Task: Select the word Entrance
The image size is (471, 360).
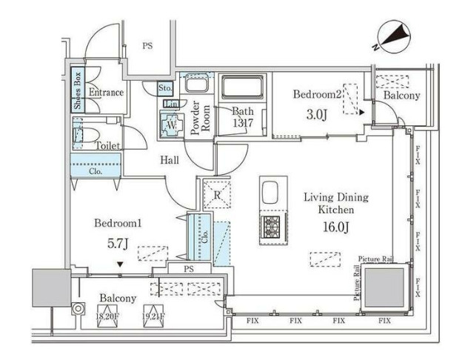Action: point(106,93)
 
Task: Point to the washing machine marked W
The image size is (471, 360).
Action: point(171,125)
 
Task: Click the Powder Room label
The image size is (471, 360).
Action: point(197,116)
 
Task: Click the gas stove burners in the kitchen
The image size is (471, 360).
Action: point(270,225)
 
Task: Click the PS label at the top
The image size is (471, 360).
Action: point(147,46)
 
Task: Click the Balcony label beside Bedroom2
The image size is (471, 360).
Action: point(402,96)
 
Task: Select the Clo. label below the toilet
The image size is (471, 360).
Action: point(95,171)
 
